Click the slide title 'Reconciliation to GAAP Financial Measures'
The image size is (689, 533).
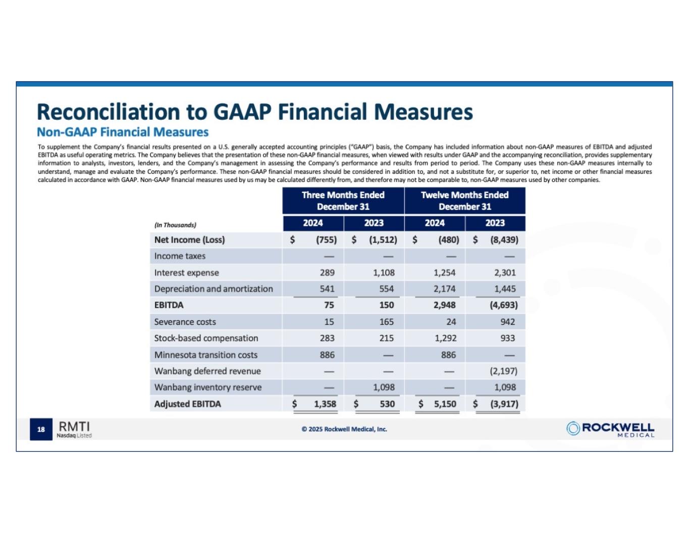click(x=255, y=112)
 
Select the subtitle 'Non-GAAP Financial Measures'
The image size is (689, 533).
click(x=123, y=132)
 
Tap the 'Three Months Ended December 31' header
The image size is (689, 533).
click(x=343, y=201)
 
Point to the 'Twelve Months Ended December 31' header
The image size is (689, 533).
click(x=464, y=201)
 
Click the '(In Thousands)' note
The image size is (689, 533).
click(x=175, y=225)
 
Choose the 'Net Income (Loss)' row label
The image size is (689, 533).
click(x=189, y=240)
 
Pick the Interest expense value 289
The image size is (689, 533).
click(x=327, y=273)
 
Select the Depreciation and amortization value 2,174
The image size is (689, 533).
click(x=444, y=289)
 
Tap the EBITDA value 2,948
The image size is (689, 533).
click(x=444, y=305)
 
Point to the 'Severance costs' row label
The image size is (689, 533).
click(x=185, y=322)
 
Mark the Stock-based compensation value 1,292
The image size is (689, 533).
click(x=445, y=338)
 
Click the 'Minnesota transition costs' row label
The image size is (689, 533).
click(x=205, y=355)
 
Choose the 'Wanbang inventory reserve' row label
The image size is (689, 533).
click(x=207, y=387)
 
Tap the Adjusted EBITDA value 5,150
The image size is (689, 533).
click(x=445, y=404)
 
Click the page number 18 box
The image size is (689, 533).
click(x=41, y=429)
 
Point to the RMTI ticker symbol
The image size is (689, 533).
click(x=74, y=426)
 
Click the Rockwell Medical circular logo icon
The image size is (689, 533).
click(x=573, y=428)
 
